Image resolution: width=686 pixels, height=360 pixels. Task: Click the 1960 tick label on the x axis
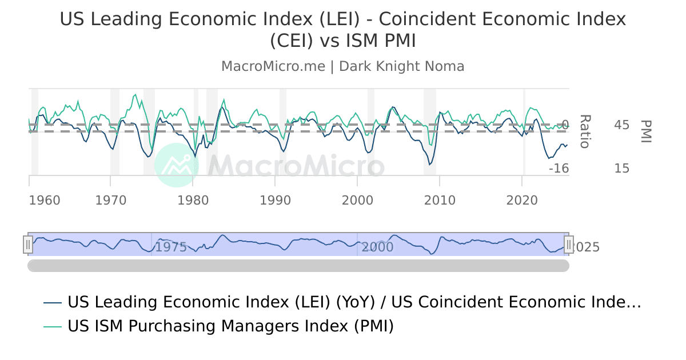click(45, 201)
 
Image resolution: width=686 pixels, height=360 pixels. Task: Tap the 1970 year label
click(111, 201)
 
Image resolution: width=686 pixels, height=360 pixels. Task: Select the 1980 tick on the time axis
click(193, 201)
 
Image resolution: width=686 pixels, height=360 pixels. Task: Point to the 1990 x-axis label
click(276, 201)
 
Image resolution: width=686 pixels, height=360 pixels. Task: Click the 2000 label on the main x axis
click(357, 201)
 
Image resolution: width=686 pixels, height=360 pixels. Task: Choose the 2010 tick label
click(440, 201)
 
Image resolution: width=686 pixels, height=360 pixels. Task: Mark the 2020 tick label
click(522, 201)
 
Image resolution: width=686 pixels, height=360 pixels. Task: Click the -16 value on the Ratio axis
click(559, 168)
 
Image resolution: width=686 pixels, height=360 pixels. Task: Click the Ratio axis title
click(584, 131)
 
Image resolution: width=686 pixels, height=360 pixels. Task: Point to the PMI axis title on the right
click(647, 131)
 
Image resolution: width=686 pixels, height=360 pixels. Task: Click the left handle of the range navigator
click(28, 245)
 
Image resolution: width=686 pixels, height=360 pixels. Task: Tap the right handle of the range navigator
click(569, 245)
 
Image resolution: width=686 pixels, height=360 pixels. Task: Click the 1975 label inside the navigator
click(171, 247)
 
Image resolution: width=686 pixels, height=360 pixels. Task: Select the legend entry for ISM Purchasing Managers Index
click(230, 326)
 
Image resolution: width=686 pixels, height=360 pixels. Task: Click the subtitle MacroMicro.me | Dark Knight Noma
click(343, 66)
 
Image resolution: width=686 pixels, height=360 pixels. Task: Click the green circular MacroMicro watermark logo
click(176, 165)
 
